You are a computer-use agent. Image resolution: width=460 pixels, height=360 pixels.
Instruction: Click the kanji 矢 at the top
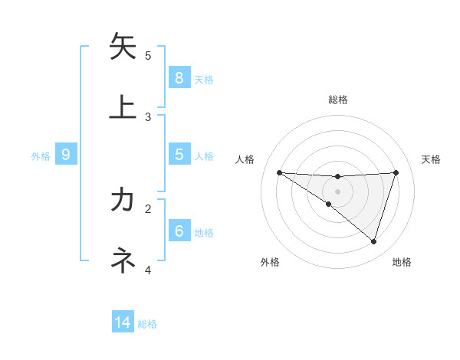tap(123, 47)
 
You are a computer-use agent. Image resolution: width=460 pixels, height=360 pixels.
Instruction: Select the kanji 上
tap(123, 106)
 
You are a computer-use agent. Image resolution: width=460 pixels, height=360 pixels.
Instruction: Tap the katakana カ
tap(123, 200)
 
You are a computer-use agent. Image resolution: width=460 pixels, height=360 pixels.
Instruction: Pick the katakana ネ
tap(123, 261)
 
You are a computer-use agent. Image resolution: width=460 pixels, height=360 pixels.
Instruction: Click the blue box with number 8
tap(179, 77)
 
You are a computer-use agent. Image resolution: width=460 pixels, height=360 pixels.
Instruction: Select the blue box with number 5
tap(179, 154)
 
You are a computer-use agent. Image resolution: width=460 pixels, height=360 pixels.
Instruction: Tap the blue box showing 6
tap(179, 231)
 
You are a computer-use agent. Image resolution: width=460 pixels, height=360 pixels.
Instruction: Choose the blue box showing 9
tap(66, 155)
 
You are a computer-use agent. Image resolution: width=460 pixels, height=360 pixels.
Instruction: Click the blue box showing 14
tap(123, 322)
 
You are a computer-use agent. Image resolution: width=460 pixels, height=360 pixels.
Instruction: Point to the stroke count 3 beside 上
tap(148, 116)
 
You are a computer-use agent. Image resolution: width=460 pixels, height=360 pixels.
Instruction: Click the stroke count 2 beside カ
tap(148, 208)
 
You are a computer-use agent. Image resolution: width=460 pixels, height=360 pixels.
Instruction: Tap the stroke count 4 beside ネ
tap(148, 270)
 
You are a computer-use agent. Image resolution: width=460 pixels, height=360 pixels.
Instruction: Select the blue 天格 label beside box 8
tap(204, 79)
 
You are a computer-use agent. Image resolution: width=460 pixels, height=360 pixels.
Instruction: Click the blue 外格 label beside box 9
tap(41, 155)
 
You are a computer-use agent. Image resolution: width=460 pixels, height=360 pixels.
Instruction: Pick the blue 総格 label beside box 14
tap(147, 324)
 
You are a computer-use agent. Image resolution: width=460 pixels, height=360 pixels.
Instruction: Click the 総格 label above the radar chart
tap(337, 100)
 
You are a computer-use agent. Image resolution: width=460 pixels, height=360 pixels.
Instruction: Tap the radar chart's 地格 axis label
tap(402, 262)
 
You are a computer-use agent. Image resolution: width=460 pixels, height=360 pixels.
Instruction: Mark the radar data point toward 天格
tap(396, 172)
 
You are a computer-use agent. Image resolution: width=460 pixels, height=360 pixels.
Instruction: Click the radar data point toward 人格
tap(279, 172)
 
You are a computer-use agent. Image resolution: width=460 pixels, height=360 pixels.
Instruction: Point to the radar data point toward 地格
tap(373, 241)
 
